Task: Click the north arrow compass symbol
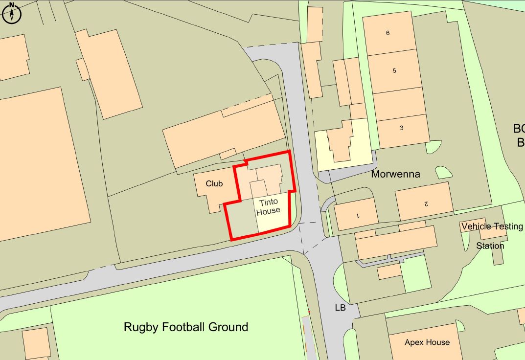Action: (12, 13)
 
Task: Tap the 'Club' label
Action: (214, 183)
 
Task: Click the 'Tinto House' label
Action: (268, 206)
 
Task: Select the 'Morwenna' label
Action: (395, 174)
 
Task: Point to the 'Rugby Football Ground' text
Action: (186, 327)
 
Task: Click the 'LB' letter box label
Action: (340, 308)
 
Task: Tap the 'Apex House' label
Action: (427, 342)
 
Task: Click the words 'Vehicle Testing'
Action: (492, 226)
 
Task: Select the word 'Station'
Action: (490, 246)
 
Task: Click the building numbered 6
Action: (389, 33)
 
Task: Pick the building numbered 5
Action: (394, 71)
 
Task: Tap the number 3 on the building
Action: (402, 128)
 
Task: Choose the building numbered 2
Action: (425, 202)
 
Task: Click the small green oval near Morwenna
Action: (443, 172)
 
